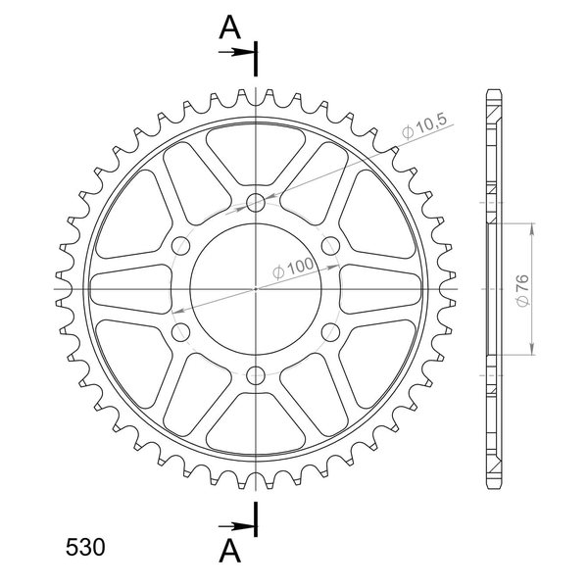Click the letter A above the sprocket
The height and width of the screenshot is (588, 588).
point(229,28)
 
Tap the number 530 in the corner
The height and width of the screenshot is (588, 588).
point(85,548)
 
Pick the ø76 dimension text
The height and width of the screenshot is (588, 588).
point(522,290)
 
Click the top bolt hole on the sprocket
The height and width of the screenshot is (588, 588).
point(256,203)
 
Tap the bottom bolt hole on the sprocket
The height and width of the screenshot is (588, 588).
point(256,375)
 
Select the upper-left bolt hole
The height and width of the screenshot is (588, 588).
point(180,246)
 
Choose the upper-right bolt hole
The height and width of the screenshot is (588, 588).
point(331,246)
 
